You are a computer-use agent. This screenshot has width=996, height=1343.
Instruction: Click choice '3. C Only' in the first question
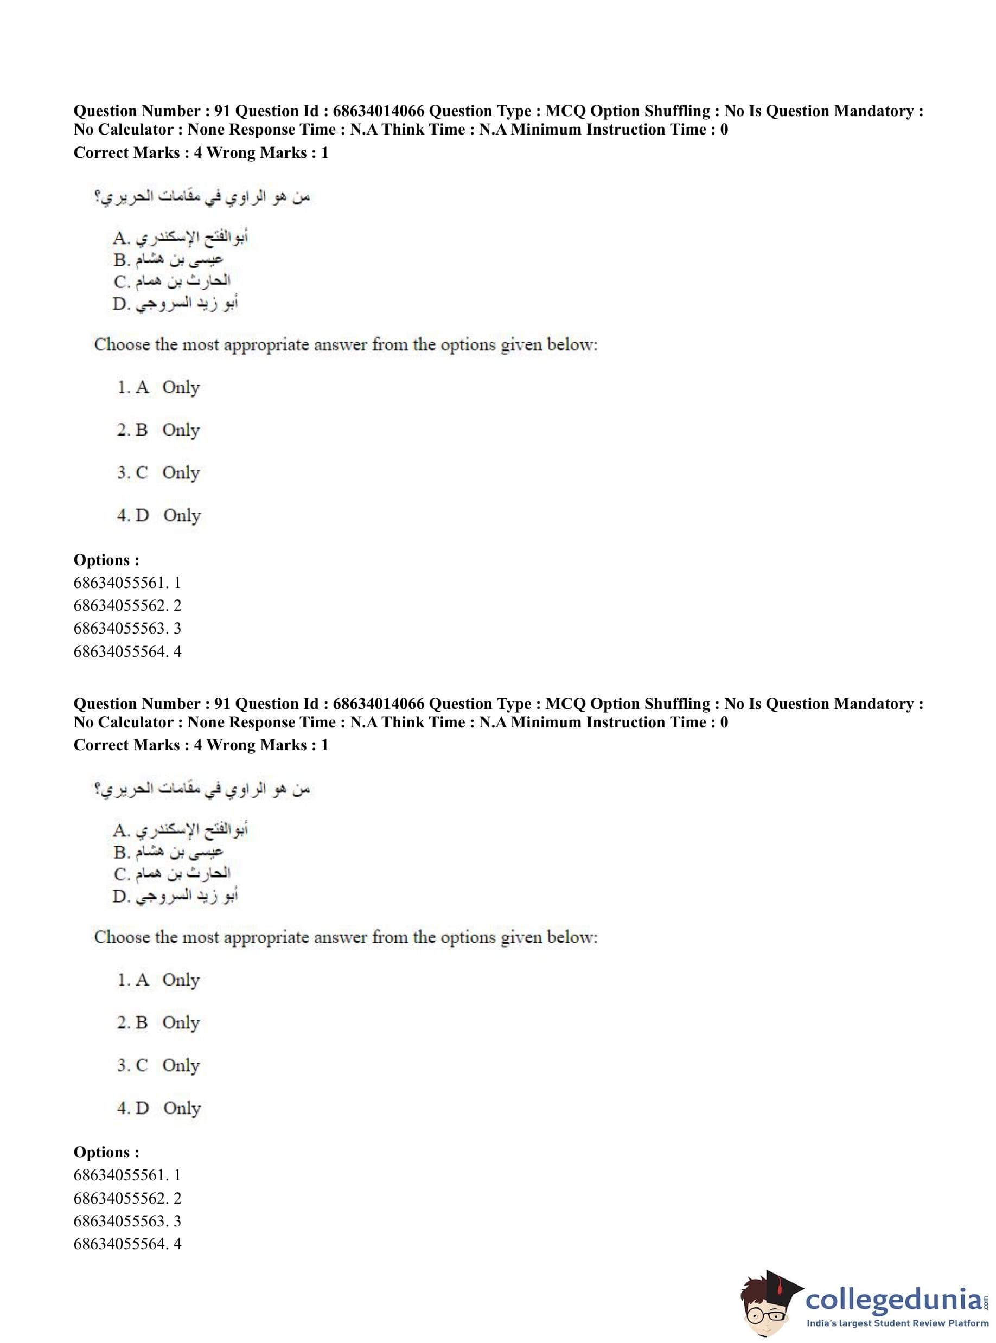[x=158, y=472]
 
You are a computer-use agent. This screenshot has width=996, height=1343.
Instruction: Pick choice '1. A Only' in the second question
[x=158, y=980]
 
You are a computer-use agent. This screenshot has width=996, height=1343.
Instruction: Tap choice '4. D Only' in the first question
[x=158, y=515]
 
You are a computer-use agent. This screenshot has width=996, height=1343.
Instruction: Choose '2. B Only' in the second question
[x=158, y=1022]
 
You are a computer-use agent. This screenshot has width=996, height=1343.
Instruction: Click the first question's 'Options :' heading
[x=106, y=560]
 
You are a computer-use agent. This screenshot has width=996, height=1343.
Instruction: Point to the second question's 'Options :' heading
[x=106, y=1152]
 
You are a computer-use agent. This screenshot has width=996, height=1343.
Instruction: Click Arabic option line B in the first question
[x=168, y=260]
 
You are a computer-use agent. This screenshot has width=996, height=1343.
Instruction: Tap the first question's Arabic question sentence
[x=202, y=197]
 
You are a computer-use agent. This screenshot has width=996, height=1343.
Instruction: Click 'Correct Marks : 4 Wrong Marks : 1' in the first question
[x=201, y=152]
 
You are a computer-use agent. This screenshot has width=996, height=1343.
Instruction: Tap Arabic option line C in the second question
[x=172, y=873]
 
